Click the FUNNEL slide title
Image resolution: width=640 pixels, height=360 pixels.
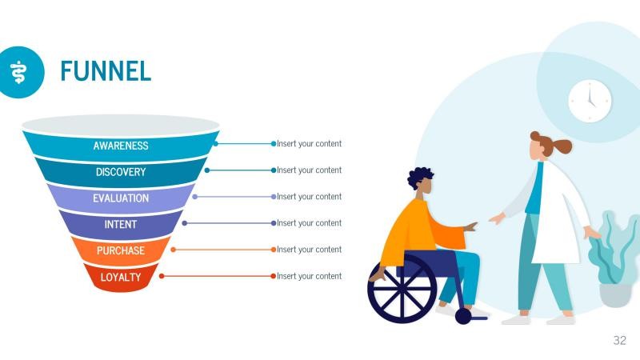click(x=106, y=70)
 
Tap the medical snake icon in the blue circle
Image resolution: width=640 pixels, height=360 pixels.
click(x=18, y=71)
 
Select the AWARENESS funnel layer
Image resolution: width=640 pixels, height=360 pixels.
click(x=121, y=146)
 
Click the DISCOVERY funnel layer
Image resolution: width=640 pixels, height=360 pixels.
click(x=121, y=172)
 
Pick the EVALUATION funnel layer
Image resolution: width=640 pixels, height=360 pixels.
click(x=121, y=198)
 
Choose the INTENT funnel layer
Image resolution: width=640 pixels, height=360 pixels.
click(x=121, y=225)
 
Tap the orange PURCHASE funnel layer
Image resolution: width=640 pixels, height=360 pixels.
click(x=121, y=251)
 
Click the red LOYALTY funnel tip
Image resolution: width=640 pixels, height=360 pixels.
click(x=121, y=278)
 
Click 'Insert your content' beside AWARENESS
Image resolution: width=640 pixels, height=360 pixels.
click(x=309, y=144)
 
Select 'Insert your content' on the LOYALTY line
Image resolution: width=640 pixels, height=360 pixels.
click(x=309, y=276)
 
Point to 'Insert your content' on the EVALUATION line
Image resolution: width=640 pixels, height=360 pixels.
click(x=309, y=197)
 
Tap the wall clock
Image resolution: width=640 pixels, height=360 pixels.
click(x=590, y=102)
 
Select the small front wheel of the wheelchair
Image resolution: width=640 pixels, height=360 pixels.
click(x=463, y=316)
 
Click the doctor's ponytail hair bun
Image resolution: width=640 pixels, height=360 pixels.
click(x=562, y=146)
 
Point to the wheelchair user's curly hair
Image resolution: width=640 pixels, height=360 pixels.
click(x=420, y=177)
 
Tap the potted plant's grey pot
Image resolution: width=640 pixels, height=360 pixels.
click(x=615, y=294)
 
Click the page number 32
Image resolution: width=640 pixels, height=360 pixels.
click(x=620, y=341)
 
